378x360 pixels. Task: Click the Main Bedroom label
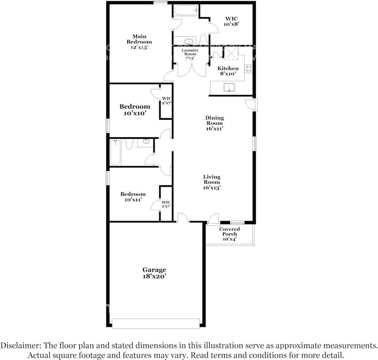point(139,42)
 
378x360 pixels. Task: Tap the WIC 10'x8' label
point(231,21)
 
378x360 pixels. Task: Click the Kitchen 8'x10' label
point(228,71)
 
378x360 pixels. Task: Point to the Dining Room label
point(214,123)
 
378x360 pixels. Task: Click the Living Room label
point(212,182)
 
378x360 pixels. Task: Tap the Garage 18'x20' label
point(154,273)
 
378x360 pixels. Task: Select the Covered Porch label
point(229,234)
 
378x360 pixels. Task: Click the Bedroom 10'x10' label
point(134,110)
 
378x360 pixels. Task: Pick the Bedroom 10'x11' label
point(133,197)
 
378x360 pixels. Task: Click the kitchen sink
point(229,87)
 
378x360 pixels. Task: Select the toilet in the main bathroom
point(203,39)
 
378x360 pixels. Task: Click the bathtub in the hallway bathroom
point(115,153)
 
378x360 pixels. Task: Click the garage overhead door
point(155,323)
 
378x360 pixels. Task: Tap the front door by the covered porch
point(214,219)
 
